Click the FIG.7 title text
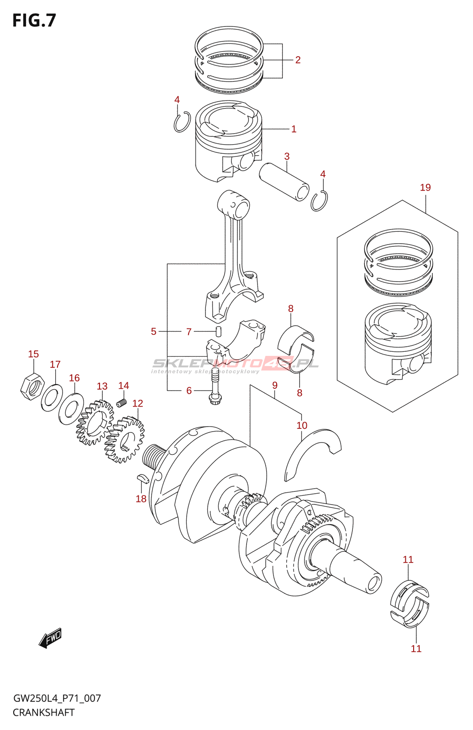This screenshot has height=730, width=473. (34, 21)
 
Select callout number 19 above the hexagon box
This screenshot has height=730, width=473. (425, 188)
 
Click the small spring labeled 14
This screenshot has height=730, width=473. (121, 403)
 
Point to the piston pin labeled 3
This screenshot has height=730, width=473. (284, 181)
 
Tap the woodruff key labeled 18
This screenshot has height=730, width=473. (142, 478)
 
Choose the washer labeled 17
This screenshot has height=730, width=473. (52, 397)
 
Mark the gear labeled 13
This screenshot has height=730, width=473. (95, 422)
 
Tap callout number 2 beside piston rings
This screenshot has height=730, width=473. (298, 60)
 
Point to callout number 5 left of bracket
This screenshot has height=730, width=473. (153, 332)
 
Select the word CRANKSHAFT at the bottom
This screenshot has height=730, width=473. (43, 712)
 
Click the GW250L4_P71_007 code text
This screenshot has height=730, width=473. (57, 698)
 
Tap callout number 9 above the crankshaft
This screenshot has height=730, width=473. (274, 386)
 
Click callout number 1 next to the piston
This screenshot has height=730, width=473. (294, 129)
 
